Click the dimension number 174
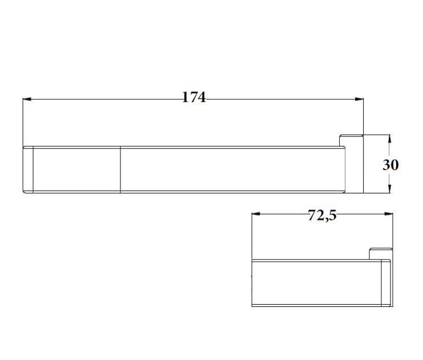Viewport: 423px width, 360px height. coord(194,97)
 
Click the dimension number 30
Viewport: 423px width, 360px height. coord(390,165)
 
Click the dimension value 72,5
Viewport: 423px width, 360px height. coord(323,215)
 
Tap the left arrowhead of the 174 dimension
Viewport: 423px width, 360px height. coord(27,99)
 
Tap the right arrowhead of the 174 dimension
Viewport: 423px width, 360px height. coord(359,99)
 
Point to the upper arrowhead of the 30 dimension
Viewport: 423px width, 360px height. coord(389,139)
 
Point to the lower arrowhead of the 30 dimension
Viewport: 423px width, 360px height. coord(389,189)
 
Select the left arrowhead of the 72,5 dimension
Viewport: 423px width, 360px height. coord(256,213)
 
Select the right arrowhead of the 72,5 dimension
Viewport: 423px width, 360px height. coord(389,213)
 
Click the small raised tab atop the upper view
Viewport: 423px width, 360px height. coord(351,140)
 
